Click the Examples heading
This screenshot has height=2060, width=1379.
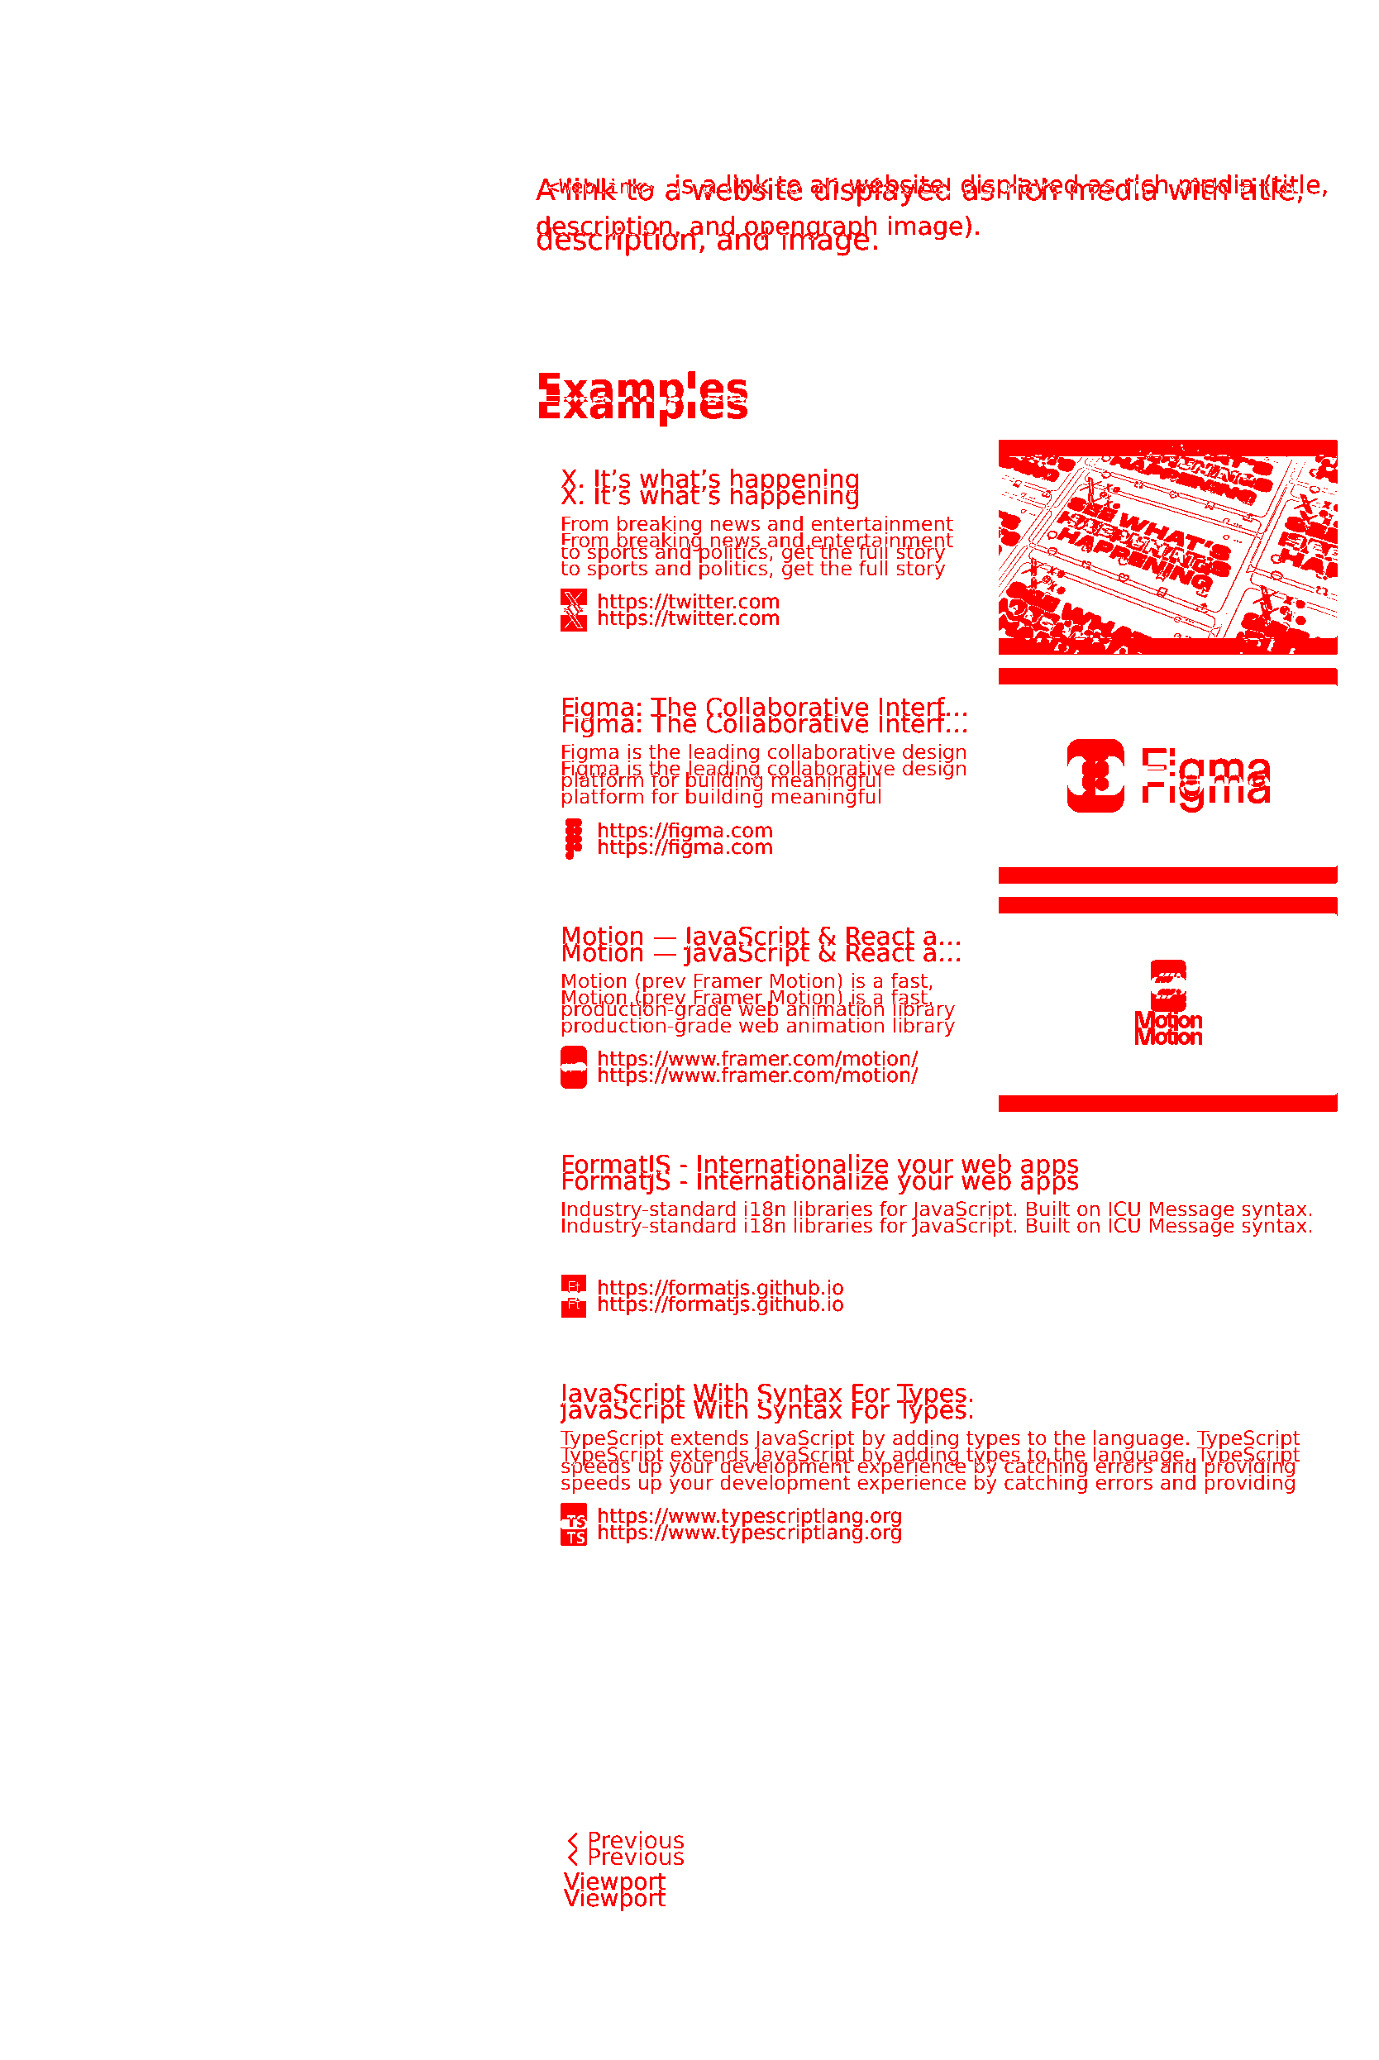click(642, 397)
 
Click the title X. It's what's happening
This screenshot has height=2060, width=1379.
click(709, 488)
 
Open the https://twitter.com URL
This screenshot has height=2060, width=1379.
click(688, 610)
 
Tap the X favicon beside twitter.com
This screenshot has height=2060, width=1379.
click(574, 610)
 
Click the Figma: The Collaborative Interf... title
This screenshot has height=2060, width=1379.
click(763, 716)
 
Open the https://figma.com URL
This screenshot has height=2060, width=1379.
click(685, 839)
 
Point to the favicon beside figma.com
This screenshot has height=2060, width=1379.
click(574, 839)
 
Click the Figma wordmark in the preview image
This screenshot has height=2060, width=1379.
click(1205, 776)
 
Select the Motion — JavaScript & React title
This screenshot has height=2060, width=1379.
click(761, 944)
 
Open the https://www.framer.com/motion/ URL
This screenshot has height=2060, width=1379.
click(757, 1067)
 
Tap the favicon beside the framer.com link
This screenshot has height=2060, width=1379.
click(574, 1067)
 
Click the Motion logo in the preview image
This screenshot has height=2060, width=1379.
click(1168, 1004)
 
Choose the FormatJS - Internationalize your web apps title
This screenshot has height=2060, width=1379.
click(818, 1173)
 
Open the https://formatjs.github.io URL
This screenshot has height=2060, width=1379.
click(719, 1296)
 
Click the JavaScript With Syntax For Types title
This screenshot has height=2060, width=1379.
click(767, 1401)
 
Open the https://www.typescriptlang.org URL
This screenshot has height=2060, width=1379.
click(749, 1524)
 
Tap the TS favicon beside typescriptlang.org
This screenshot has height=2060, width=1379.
click(574, 1524)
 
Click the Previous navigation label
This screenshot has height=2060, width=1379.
click(634, 1849)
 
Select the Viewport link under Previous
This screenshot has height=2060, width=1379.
click(615, 1891)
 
